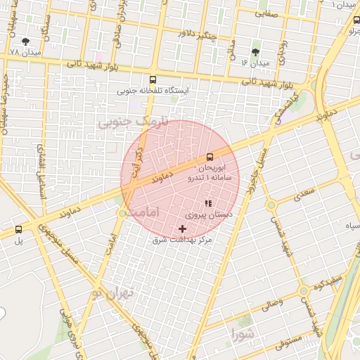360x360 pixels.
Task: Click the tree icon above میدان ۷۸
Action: coord(26,42)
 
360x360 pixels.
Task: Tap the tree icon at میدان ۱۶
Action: coord(255,52)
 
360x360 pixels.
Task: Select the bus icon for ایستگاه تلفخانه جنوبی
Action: coord(153,79)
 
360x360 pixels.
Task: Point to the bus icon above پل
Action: coord(18,229)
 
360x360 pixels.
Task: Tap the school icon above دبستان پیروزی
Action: coord(207,204)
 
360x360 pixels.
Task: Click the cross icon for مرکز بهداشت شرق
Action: coord(183,229)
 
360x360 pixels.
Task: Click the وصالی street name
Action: coord(271,304)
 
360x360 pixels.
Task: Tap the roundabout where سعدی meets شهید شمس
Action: coord(271,205)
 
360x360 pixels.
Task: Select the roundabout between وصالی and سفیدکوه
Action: coord(303,290)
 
